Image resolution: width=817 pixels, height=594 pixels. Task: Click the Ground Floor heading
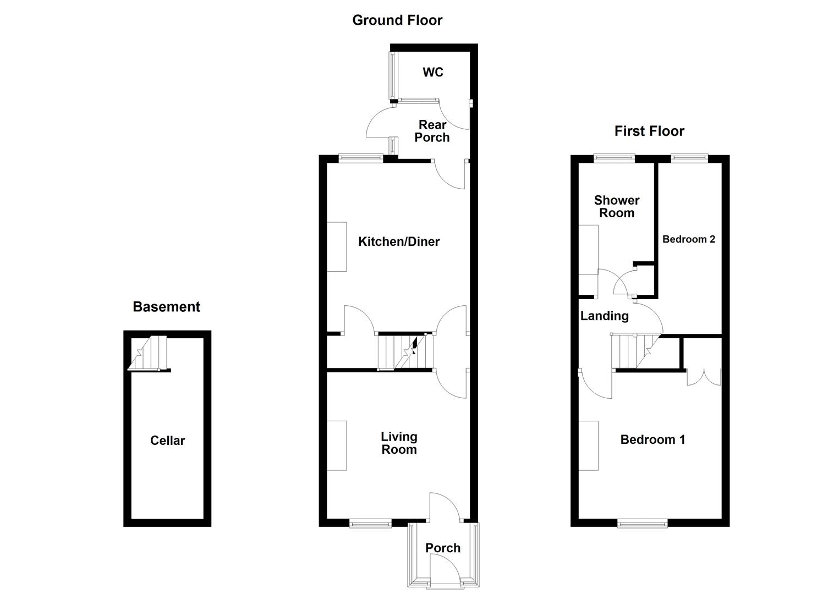click(397, 20)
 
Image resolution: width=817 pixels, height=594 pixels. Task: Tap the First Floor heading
click(649, 131)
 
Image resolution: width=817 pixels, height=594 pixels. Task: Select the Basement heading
click(166, 306)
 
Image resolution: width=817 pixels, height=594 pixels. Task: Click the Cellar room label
click(167, 441)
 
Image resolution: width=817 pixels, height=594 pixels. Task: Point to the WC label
click(433, 72)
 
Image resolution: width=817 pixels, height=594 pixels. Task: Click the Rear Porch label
click(432, 131)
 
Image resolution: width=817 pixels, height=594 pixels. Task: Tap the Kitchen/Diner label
click(399, 241)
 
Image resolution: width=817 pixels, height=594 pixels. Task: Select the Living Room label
click(399, 443)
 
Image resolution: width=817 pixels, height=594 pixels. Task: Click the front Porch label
click(443, 548)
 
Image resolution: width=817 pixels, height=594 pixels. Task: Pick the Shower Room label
click(617, 206)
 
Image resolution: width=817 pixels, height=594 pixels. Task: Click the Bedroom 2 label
click(689, 239)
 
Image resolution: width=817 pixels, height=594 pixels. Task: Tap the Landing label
click(604, 316)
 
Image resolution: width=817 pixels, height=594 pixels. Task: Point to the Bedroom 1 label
click(652, 439)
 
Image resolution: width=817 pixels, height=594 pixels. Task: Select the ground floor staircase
click(406, 350)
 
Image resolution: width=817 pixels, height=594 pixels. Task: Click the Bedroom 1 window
click(643, 523)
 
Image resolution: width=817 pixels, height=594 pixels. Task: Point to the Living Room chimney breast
click(337, 446)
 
